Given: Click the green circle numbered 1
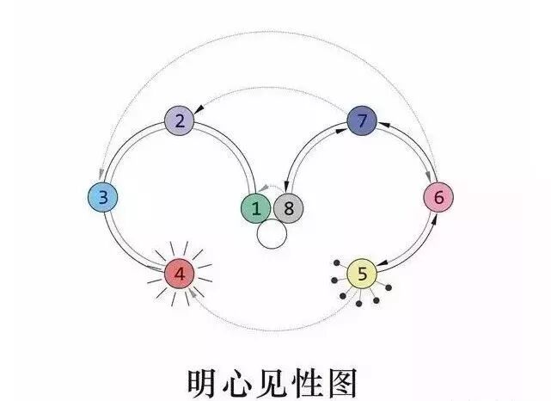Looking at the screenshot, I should (256, 207).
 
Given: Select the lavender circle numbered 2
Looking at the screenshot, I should (180, 120).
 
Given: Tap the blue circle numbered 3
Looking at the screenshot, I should (103, 198).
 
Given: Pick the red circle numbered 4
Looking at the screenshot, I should (180, 275).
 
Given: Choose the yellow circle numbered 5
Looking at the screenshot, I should (362, 275).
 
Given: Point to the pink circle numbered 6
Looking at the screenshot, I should (438, 198).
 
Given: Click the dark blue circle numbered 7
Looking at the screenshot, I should (362, 121).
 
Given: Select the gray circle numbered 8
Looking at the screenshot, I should (289, 207).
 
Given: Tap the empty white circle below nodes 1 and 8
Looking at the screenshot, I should (272, 235).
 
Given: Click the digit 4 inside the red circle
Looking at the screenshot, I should (180, 275).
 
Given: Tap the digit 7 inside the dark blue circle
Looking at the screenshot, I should (362, 121).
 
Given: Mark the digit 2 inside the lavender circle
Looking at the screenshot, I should (180, 120).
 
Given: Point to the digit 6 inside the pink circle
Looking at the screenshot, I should (438, 198).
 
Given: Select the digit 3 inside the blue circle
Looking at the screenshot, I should (103, 198).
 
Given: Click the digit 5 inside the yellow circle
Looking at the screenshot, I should (362, 275).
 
